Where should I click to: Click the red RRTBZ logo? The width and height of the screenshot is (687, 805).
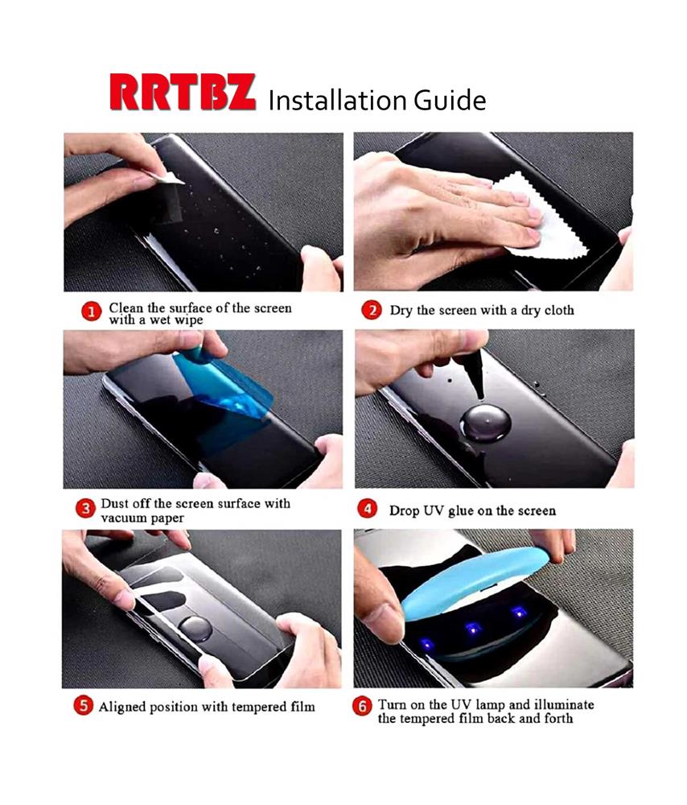tap(183, 93)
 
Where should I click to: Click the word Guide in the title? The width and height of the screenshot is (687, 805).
tap(450, 100)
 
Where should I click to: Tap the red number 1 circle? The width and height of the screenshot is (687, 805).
tap(92, 312)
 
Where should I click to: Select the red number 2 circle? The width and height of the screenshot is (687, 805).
tap(372, 310)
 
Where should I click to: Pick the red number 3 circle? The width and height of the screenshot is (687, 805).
tap(85, 508)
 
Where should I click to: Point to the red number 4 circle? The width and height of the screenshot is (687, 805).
tap(367, 509)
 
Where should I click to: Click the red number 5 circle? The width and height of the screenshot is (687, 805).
tap(83, 705)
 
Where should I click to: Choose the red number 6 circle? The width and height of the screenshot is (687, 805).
tap(362, 707)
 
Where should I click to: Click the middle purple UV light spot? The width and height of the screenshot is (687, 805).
tap(472, 628)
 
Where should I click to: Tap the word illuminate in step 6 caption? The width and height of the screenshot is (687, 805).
tap(565, 704)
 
